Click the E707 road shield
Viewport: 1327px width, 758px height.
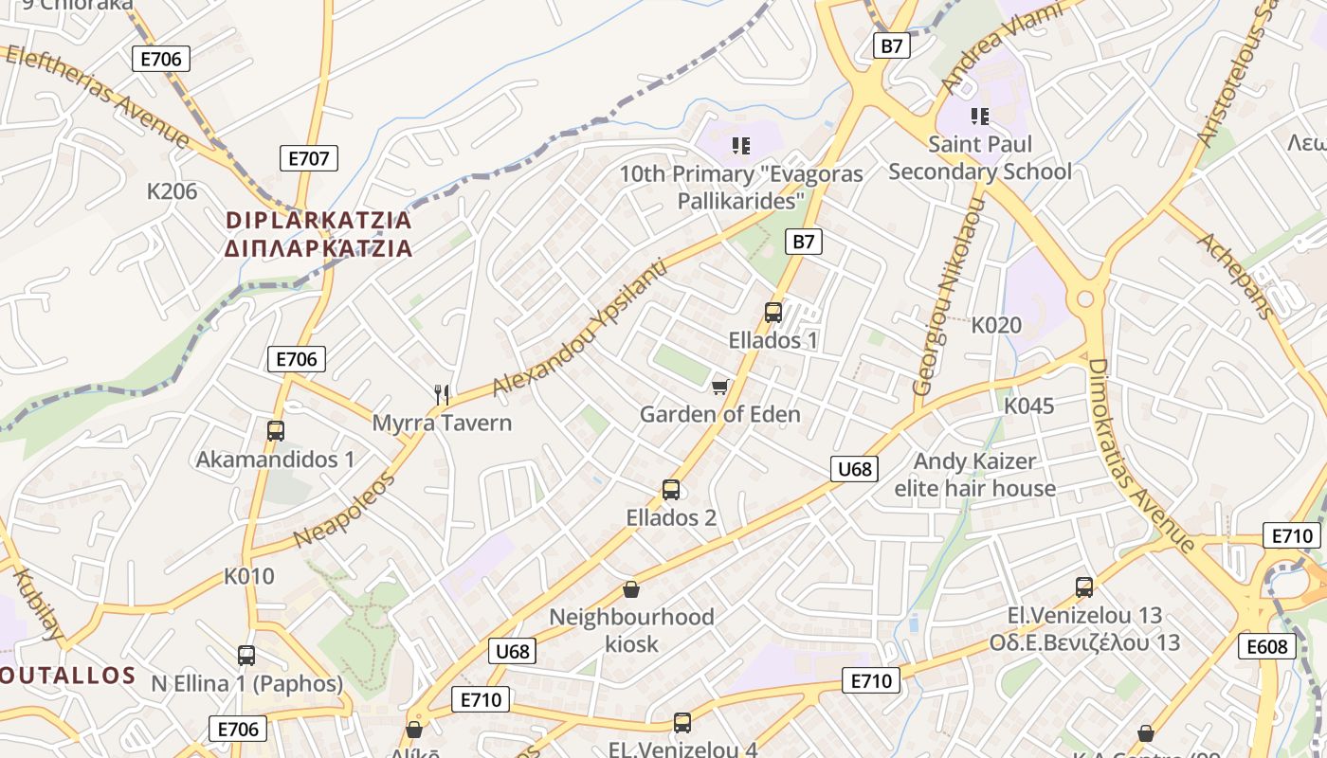(x=309, y=158)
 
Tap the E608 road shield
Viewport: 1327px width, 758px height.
(x=1267, y=647)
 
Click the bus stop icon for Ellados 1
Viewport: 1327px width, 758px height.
(x=773, y=312)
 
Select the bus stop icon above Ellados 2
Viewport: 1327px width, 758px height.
(x=671, y=490)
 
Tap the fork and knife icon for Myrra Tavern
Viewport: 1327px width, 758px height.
(x=441, y=394)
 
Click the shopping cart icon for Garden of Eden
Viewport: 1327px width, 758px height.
(x=720, y=387)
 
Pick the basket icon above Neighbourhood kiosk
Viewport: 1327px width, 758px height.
(x=631, y=589)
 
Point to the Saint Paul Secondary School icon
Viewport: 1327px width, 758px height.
(x=980, y=117)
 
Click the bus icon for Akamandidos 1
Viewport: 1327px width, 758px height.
(x=276, y=431)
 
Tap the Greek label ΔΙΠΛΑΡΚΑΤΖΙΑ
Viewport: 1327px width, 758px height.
(x=319, y=249)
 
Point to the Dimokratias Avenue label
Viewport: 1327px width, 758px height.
(x=1140, y=455)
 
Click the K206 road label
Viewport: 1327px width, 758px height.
(x=173, y=191)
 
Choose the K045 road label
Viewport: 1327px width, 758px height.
(x=1028, y=406)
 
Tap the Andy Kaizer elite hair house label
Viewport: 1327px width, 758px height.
(x=975, y=475)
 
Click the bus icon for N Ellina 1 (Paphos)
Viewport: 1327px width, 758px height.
(x=246, y=655)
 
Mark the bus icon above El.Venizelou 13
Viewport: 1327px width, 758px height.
(x=1084, y=587)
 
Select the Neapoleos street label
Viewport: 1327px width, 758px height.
(x=344, y=510)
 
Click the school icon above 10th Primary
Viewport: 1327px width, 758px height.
(x=741, y=146)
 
